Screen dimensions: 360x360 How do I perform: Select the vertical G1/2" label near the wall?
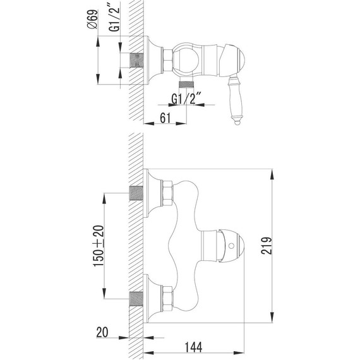(115, 19)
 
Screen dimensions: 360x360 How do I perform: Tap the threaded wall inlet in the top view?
(136, 60)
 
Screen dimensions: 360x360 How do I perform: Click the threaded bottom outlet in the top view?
(185, 83)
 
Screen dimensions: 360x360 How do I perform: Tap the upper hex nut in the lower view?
(167, 192)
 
